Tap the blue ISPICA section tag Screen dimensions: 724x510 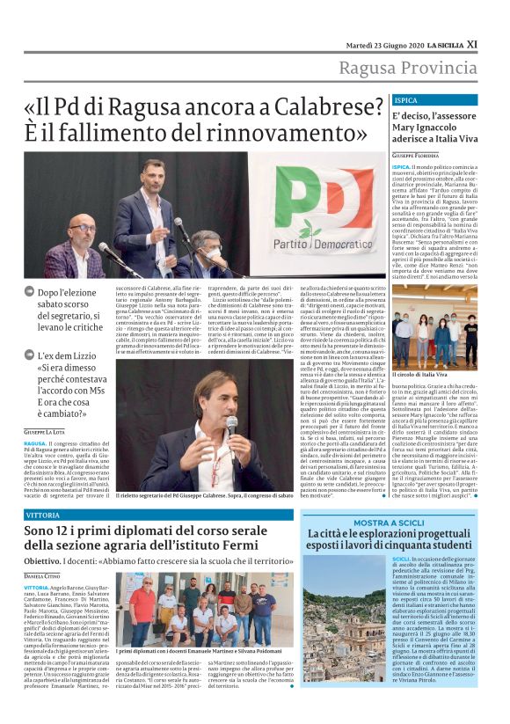coord(406,100)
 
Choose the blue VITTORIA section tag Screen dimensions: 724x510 coord(43,514)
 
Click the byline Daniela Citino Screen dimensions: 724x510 coord(42,574)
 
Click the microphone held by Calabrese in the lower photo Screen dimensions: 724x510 coord(231,427)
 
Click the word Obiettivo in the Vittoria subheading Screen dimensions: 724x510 coord(42,560)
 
